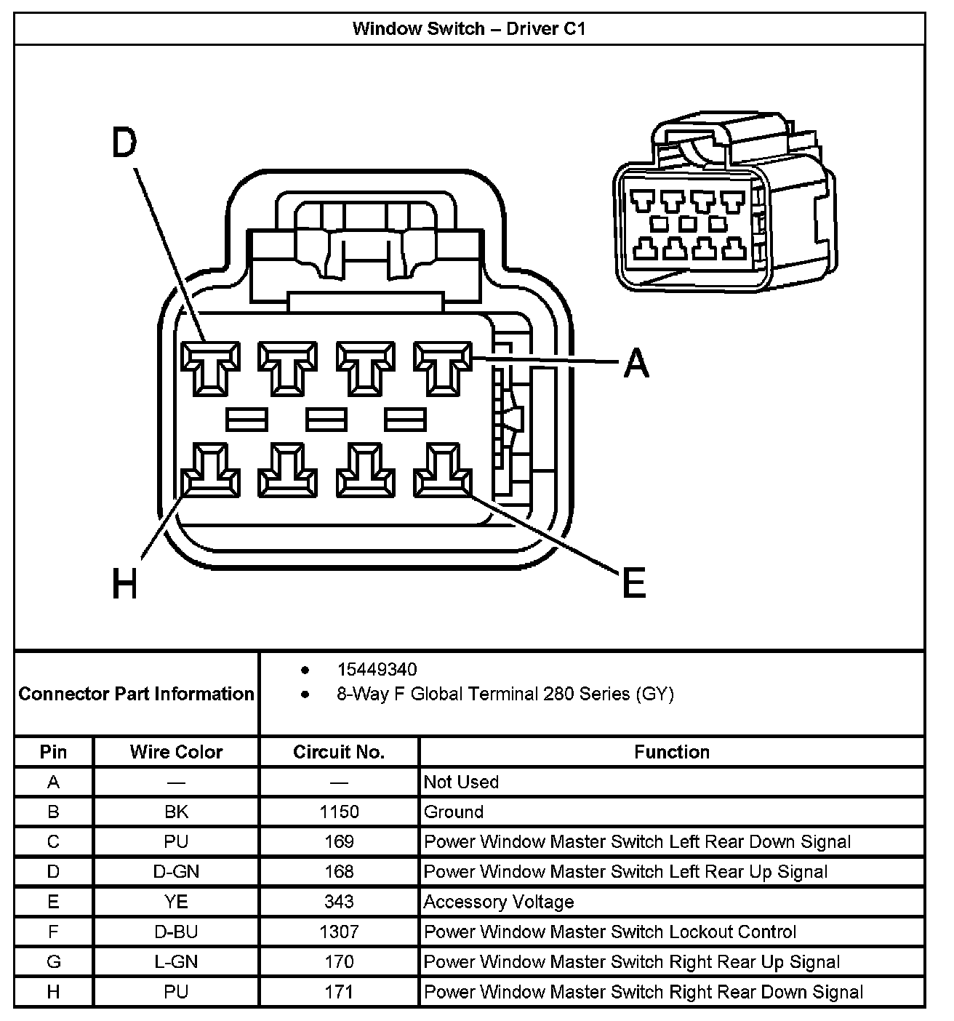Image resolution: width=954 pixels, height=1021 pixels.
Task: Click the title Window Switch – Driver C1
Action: coord(469,28)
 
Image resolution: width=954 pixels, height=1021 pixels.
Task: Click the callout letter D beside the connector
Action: coord(124,143)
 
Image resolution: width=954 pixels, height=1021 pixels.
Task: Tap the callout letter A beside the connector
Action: coord(636,362)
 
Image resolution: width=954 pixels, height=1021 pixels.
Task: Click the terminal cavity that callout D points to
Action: coord(210,368)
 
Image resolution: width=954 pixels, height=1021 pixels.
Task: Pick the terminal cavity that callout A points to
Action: coord(443,368)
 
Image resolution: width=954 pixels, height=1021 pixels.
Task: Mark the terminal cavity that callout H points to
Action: coord(210,471)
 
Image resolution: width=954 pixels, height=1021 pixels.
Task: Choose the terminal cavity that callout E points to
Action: coord(443,471)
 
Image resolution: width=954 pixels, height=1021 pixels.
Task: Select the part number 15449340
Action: coord(377,669)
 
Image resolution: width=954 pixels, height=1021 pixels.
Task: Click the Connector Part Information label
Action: coord(137,694)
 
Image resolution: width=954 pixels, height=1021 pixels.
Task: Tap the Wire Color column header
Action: coord(176,752)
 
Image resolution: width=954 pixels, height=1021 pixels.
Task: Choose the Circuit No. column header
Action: coord(339,752)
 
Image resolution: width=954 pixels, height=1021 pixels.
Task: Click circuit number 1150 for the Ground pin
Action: coord(339,812)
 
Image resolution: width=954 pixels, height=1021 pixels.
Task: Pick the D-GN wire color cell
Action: coord(176,871)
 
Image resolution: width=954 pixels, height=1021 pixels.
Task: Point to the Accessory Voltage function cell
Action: coord(499,902)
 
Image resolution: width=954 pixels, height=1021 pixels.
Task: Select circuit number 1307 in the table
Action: coord(339,932)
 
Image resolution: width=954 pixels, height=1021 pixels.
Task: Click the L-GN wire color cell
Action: coord(176,962)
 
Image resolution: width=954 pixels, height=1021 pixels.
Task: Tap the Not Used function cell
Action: coord(461,782)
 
